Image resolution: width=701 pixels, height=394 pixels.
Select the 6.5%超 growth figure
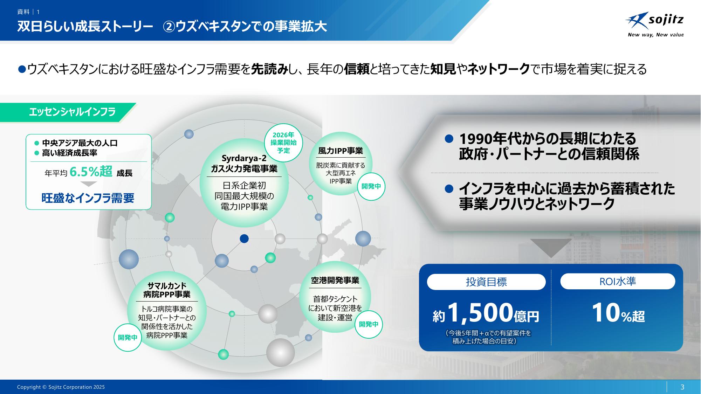pyautogui.click(x=91, y=172)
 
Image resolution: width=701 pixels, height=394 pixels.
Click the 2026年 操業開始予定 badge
pyautogui.click(x=283, y=143)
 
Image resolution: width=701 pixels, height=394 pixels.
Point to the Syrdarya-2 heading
pyautogui.click(x=244, y=158)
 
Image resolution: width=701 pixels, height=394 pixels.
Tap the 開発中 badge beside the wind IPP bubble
pyautogui.click(x=371, y=187)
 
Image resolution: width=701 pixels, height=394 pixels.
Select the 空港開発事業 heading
pyautogui.click(x=335, y=281)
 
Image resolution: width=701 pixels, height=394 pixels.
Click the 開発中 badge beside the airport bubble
pyautogui.click(x=369, y=324)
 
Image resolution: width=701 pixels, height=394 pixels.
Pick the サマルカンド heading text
pyautogui.click(x=167, y=285)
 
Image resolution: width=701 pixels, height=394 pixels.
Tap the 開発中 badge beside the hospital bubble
pyautogui.click(x=128, y=338)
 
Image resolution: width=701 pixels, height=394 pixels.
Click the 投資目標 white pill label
pyautogui.click(x=486, y=282)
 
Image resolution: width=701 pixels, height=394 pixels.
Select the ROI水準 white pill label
pyautogui.click(x=618, y=281)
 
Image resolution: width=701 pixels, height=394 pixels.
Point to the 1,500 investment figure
pyautogui.click(x=480, y=313)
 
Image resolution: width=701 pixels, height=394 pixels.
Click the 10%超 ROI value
pyautogui.click(x=618, y=313)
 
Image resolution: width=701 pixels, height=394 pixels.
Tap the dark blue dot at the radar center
pyautogui.click(x=244, y=239)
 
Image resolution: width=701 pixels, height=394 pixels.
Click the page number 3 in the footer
pyautogui.click(x=682, y=387)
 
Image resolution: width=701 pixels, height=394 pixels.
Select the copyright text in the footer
pyautogui.click(x=61, y=387)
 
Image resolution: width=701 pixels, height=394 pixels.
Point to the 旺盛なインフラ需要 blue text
pyautogui.click(x=88, y=198)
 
